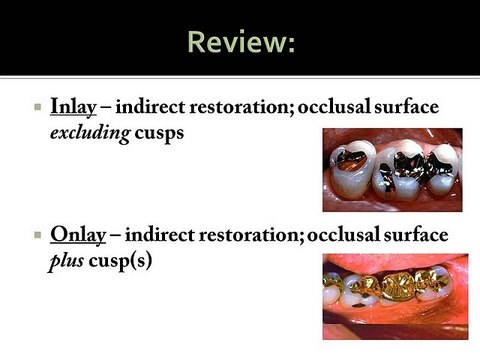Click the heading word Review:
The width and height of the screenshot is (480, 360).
click(x=239, y=42)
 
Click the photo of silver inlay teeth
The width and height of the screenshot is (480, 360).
click(x=392, y=169)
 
